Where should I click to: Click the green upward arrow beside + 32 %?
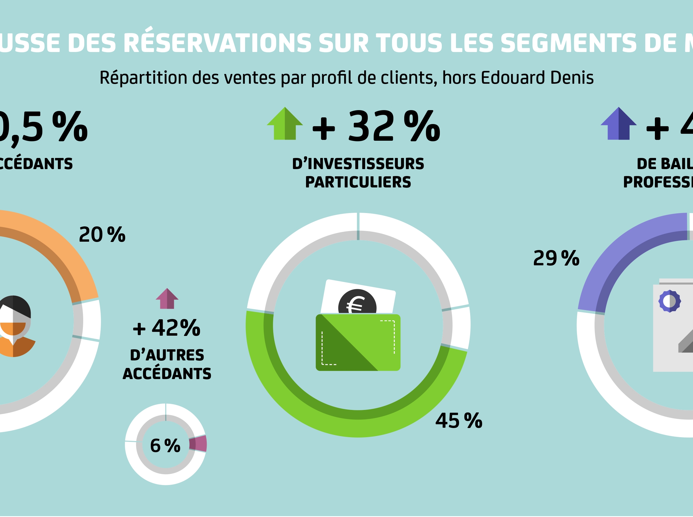[285, 124]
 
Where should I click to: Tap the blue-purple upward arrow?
[618, 124]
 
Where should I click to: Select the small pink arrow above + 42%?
[167, 299]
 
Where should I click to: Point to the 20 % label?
[102, 235]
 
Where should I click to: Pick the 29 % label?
[556, 259]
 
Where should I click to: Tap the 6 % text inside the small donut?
[165, 446]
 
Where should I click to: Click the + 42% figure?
[167, 328]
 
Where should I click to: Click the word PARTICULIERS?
[358, 182]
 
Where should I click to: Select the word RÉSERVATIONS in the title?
[217, 43]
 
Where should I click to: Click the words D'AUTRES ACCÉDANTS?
[167, 364]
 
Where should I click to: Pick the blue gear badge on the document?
[670, 301]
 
